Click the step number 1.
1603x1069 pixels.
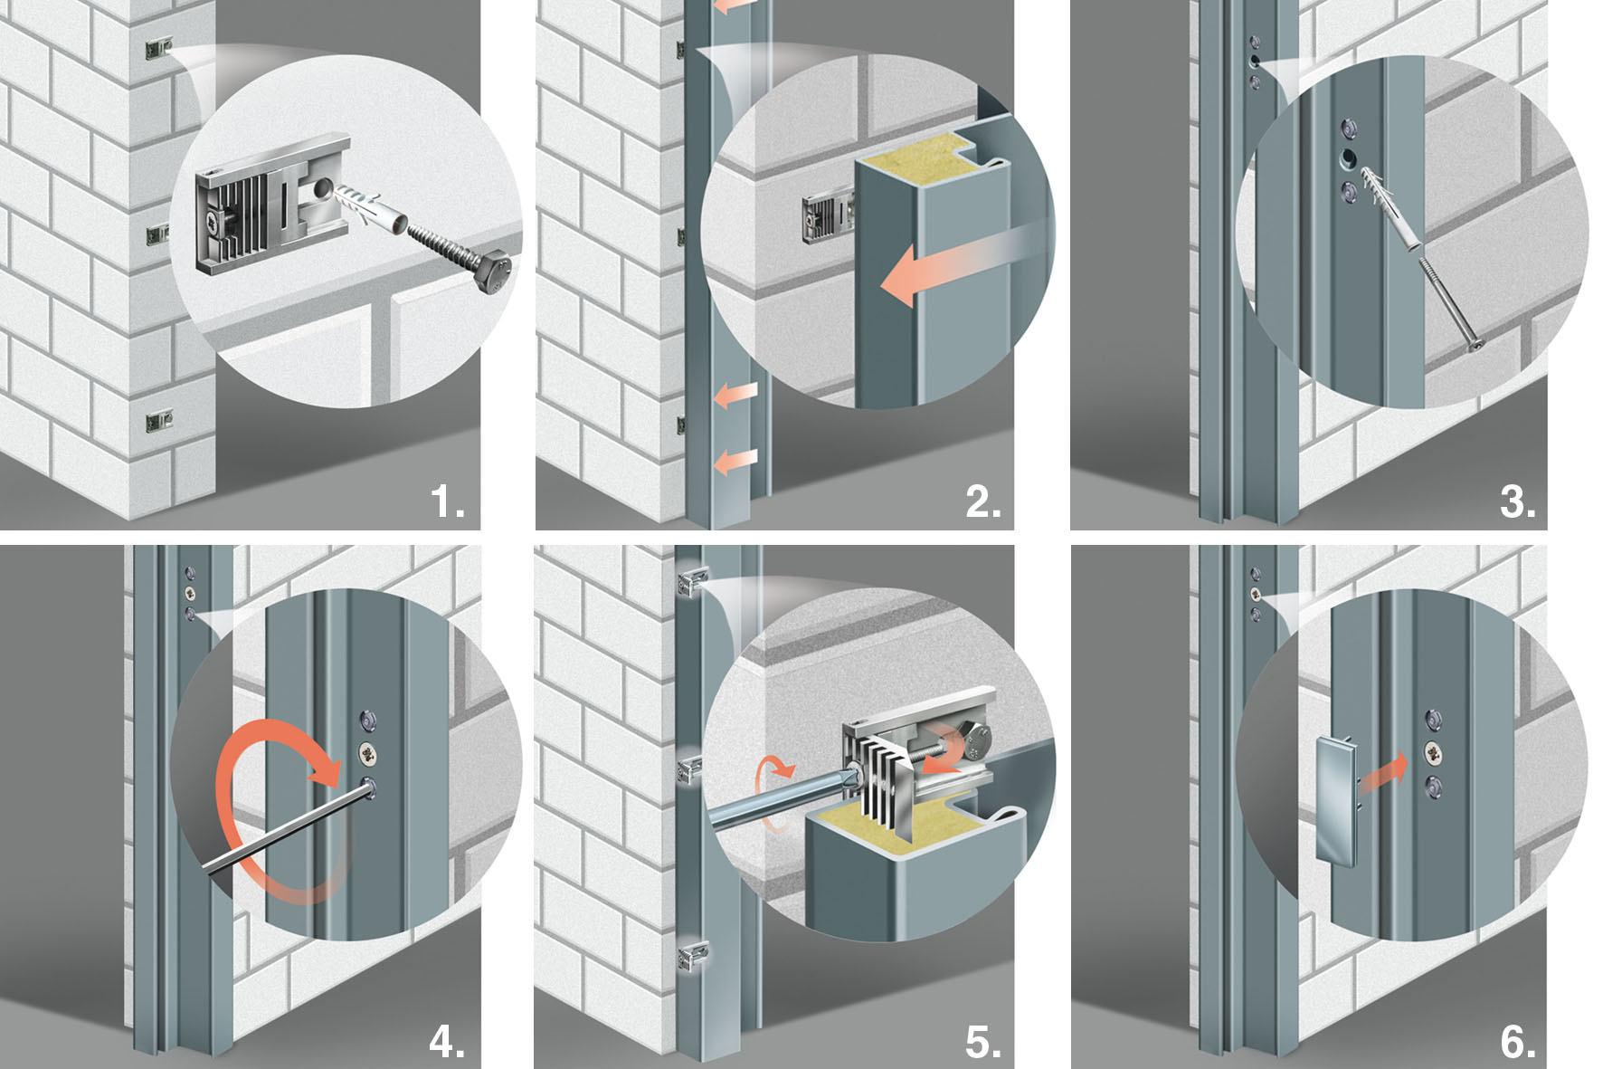click(x=446, y=501)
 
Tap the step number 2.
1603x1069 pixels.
click(x=982, y=501)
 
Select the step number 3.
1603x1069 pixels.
click(x=1517, y=501)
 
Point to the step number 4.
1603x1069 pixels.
click(x=446, y=1041)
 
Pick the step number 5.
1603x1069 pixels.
click(x=982, y=1041)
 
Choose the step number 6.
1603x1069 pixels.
click(x=1517, y=1041)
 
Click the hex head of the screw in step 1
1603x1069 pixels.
click(x=493, y=274)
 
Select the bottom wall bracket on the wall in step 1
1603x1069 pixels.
click(x=159, y=420)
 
